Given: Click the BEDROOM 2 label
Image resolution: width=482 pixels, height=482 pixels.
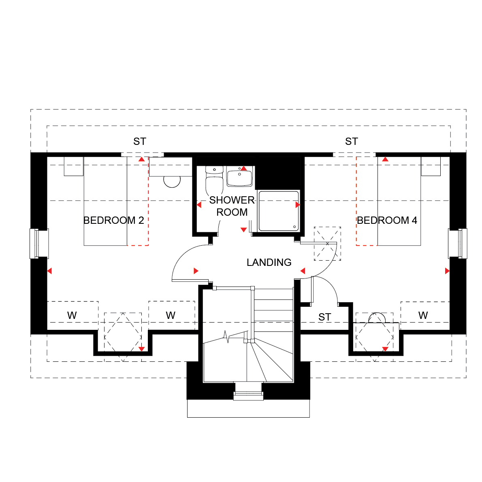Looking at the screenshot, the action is (113, 221).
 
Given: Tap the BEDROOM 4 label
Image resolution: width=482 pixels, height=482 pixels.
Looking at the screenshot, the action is (387, 221).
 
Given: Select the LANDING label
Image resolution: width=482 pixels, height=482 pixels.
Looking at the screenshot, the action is (269, 262).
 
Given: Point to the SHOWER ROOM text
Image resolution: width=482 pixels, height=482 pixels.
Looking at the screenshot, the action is (232, 206).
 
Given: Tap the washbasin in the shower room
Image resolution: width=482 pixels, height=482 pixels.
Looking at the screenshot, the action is (240, 176).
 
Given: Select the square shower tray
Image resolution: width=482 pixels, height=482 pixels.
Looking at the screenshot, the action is (279, 211).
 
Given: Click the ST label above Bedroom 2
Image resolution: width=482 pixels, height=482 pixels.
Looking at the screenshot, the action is (140, 141).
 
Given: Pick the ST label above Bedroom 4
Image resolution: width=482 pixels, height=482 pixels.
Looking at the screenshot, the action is (352, 141).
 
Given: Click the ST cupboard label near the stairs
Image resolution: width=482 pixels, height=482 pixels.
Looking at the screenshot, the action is (325, 317).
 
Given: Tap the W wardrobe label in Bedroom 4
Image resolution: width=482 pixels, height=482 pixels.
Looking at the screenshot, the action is (423, 315).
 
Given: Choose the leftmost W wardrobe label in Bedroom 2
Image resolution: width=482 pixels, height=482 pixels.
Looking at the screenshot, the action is (72, 315).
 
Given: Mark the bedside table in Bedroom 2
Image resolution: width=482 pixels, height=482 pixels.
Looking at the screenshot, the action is (74, 166).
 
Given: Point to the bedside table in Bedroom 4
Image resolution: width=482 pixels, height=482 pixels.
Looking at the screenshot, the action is (431, 166).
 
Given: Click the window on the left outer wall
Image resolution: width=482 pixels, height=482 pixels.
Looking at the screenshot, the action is (39, 244).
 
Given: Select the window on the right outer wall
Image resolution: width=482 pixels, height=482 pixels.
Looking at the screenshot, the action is (458, 244).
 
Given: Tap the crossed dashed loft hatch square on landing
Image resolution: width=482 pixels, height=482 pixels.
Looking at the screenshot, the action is (327, 244).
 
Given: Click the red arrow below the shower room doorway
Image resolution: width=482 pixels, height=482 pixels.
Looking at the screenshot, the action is (243, 229).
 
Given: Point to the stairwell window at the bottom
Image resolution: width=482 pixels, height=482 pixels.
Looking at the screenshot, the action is (249, 391).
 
